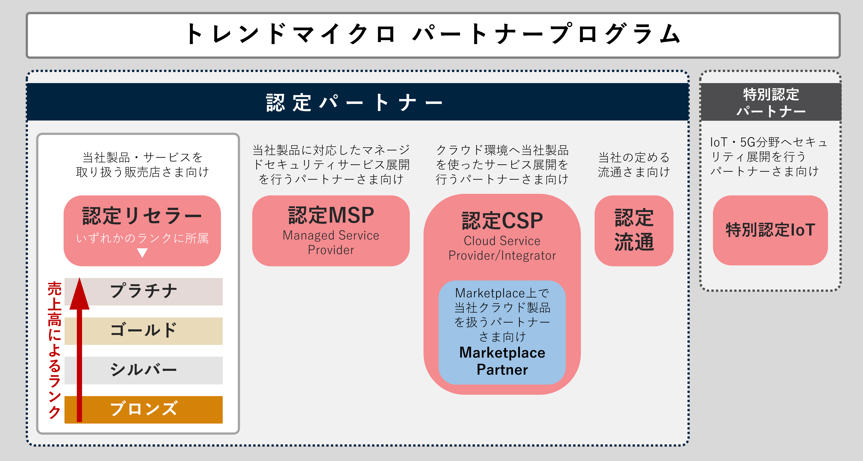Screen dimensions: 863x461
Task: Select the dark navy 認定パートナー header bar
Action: click(357, 102)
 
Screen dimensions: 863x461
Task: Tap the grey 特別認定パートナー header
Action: click(771, 102)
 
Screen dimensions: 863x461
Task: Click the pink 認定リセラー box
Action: click(142, 231)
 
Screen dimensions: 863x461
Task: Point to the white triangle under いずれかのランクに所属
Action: click(142, 252)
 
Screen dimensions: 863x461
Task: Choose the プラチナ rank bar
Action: click(143, 291)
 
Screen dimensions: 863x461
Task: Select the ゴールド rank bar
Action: click(143, 331)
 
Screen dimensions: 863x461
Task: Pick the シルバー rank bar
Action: click(143, 370)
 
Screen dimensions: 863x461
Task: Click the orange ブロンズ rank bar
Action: click(143, 409)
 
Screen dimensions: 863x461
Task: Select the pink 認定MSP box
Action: click(331, 231)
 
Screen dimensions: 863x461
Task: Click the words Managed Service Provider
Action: click(331, 242)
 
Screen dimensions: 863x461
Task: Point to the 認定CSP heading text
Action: click(502, 221)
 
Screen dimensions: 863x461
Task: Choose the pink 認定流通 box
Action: click(634, 231)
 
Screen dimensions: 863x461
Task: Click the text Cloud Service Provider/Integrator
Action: click(502, 248)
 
